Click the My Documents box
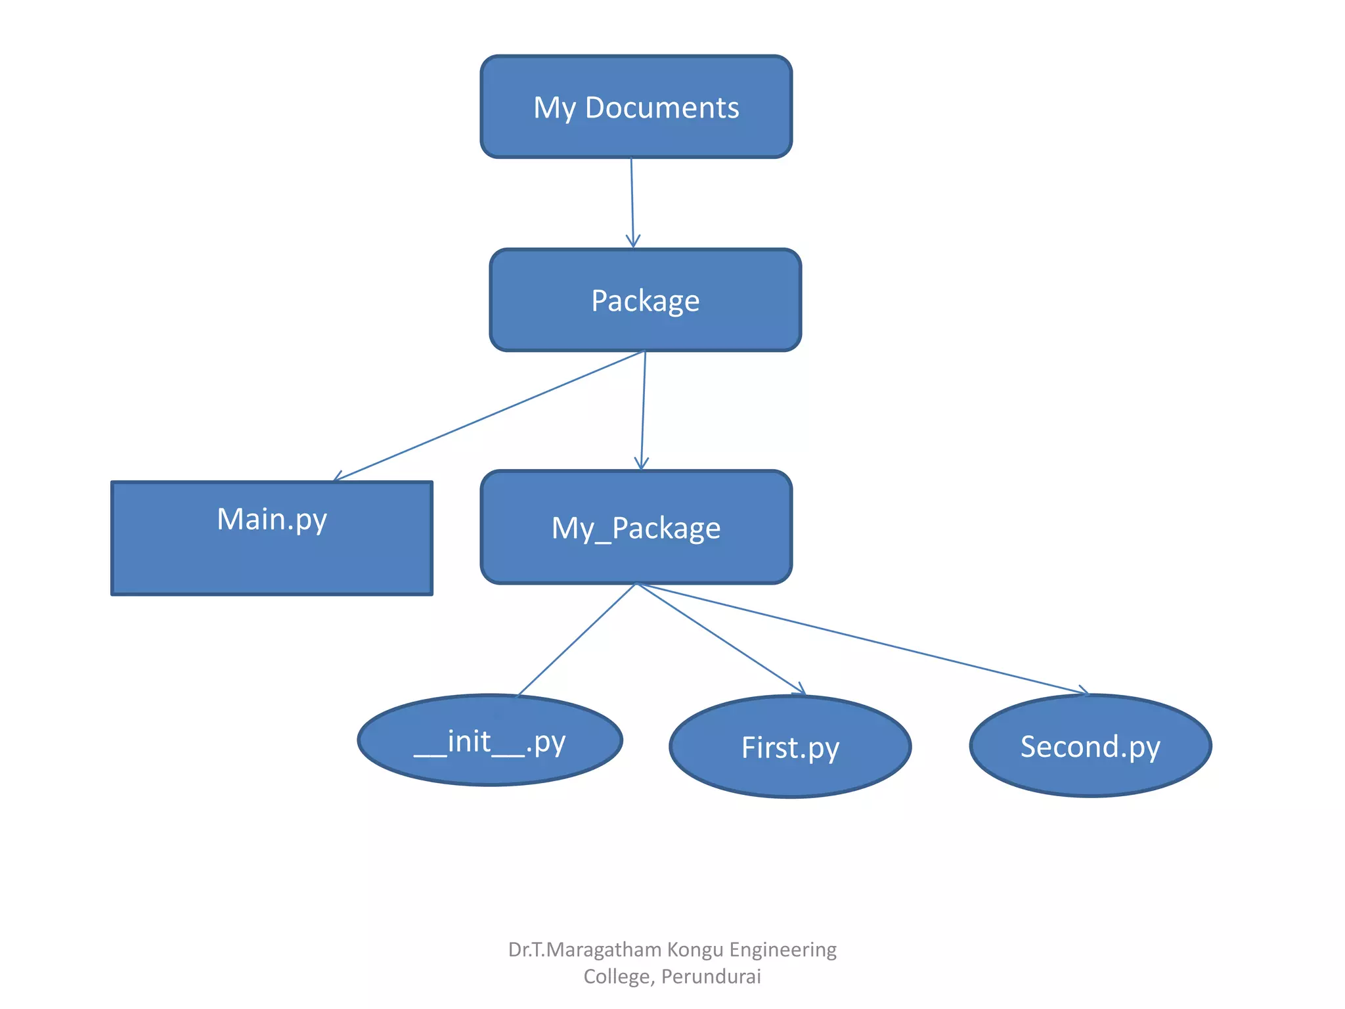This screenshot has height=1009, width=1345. [636, 106]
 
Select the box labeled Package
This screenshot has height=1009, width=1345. [645, 300]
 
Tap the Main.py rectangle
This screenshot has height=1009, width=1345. [272, 539]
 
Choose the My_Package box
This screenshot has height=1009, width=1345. [636, 527]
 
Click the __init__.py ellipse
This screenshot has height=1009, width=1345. [490, 740]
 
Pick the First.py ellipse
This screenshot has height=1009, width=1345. [790, 747]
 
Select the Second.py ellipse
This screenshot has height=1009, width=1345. [1090, 746]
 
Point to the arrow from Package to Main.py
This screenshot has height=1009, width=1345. [489, 416]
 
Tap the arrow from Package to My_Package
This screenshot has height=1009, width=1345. [644, 410]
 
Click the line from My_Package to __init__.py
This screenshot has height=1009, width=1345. [577, 640]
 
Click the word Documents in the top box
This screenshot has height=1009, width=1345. [661, 108]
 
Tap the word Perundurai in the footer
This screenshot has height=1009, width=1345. [711, 977]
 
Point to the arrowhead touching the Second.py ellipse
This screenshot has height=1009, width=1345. [1084, 691]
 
